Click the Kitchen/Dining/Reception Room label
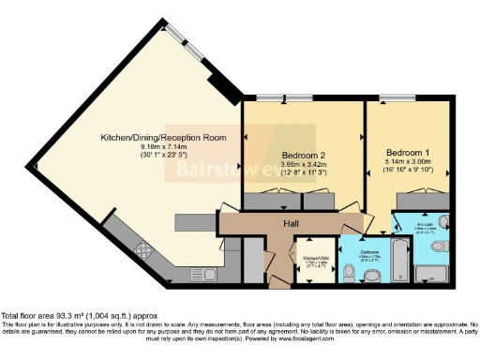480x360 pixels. coord(164,137)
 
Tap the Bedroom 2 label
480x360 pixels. coord(303,155)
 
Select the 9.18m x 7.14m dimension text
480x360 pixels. coord(165,147)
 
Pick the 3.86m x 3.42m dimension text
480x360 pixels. coord(303,164)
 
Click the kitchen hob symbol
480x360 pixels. coord(144,249)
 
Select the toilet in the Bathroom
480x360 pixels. coord(348,272)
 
